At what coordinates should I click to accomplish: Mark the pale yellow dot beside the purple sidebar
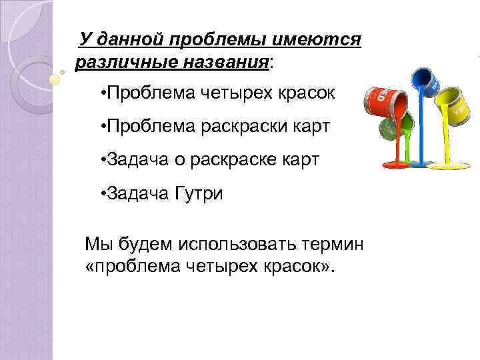click(56, 79)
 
